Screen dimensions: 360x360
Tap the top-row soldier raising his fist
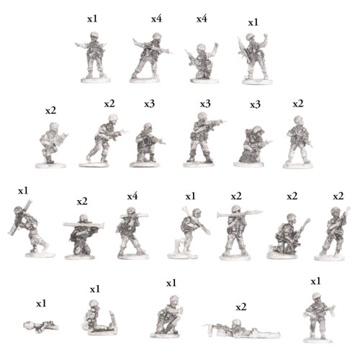[x=255, y=58]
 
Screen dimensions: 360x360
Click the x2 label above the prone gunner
[x=241, y=307]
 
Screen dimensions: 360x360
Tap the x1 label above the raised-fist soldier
[x=253, y=22]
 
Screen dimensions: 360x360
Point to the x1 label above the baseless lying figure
[x=40, y=302]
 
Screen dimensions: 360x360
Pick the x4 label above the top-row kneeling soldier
[x=202, y=18]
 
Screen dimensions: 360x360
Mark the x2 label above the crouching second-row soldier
[x=50, y=110]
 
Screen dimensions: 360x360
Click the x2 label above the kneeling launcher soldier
[x=81, y=200]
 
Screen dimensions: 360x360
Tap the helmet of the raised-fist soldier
[x=252, y=37]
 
